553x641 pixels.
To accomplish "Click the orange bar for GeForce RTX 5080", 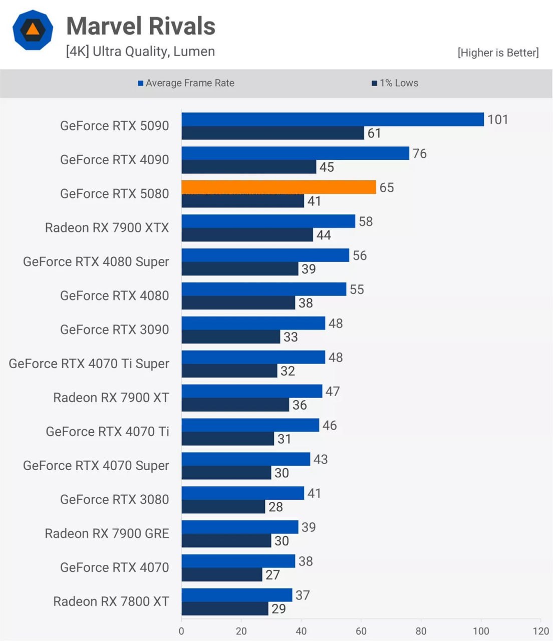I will [279, 187].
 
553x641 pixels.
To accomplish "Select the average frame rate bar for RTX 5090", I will [333, 119].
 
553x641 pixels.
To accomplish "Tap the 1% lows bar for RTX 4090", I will [248, 167].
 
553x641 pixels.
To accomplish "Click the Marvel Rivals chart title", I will [141, 26].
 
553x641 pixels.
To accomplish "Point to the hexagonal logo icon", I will [33, 30].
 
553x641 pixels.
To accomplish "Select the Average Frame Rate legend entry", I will [186, 83].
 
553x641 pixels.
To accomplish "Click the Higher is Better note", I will [498, 53].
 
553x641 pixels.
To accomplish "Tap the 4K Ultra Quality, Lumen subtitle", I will [140, 52].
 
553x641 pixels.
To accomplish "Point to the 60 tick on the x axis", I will [361, 631].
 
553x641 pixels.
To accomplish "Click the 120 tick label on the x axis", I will [541, 631].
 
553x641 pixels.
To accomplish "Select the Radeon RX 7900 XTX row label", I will [107, 228].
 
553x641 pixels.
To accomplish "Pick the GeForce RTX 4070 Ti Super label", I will [89, 364].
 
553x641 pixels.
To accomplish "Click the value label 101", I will [497, 120].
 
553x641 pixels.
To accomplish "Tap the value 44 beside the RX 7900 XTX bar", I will [324, 235].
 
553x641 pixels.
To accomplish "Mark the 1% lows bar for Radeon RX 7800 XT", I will [225, 608].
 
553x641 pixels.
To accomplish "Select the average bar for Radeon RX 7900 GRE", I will [239, 527].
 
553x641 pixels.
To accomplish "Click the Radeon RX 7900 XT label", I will [111, 398].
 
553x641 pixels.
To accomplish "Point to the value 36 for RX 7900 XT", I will [300, 405].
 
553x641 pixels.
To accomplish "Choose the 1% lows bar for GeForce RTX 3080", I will [223, 506].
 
